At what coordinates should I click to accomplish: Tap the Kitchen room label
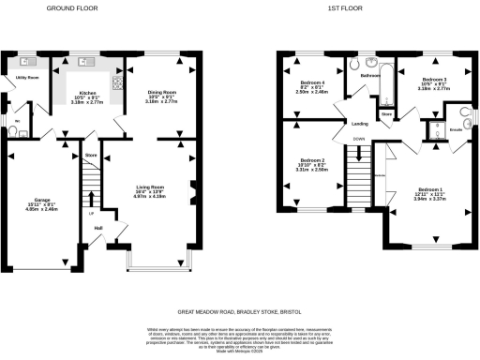[x=87, y=93]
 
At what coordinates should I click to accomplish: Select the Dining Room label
[x=161, y=93]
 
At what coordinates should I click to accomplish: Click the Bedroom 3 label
[x=433, y=79]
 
